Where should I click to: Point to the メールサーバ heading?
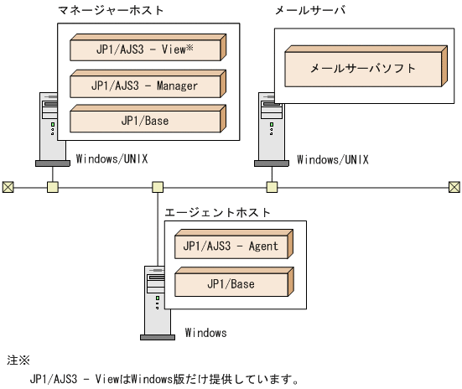coord(309,10)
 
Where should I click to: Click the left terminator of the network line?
coord(8,186)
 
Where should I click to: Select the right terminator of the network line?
coord(454,186)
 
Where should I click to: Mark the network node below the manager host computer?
coord(52,186)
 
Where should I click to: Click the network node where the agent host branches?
coord(157,186)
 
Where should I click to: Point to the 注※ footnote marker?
coord(18,361)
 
